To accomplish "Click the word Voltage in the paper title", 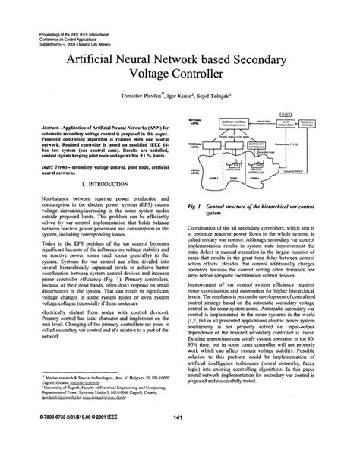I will (151, 74).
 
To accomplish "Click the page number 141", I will (180, 438).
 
